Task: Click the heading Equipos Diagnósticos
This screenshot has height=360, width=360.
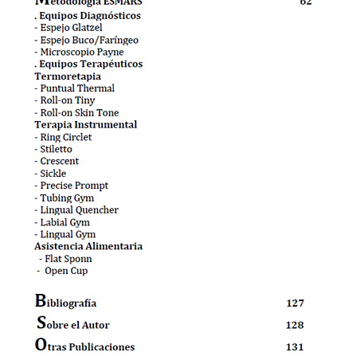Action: (88, 16)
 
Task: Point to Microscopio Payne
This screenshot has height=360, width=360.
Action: (79, 52)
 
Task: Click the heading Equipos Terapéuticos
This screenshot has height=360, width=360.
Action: (89, 64)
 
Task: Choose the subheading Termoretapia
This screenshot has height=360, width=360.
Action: (68, 76)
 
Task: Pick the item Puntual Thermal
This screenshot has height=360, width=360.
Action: (75, 88)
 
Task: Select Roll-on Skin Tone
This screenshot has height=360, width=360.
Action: (76, 113)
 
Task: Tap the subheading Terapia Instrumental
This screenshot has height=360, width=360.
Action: (85, 125)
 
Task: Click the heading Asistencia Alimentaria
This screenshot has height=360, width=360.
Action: (88, 246)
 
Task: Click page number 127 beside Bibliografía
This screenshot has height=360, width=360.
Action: (295, 303)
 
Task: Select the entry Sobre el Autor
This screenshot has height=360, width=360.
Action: (72, 325)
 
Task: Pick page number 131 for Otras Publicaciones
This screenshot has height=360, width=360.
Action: (295, 347)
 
